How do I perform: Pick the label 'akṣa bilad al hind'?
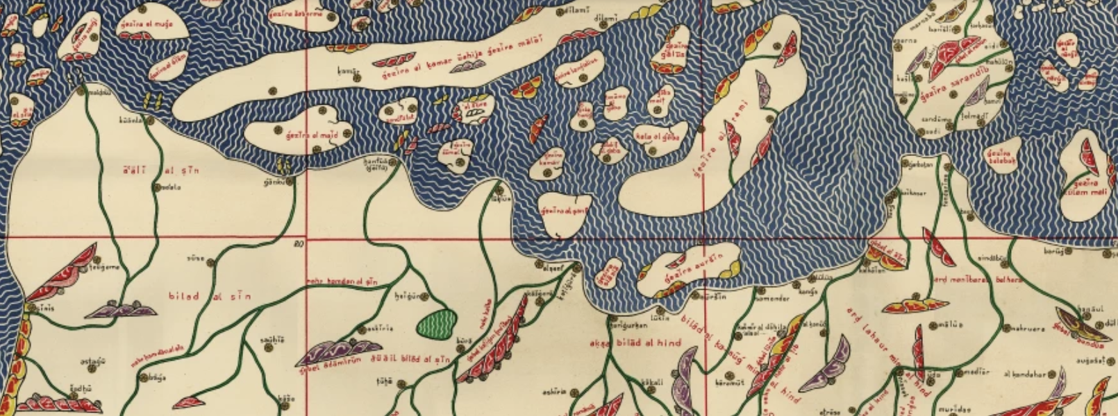click(x=635, y=343)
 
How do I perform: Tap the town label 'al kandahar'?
click(x=1024, y=374)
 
